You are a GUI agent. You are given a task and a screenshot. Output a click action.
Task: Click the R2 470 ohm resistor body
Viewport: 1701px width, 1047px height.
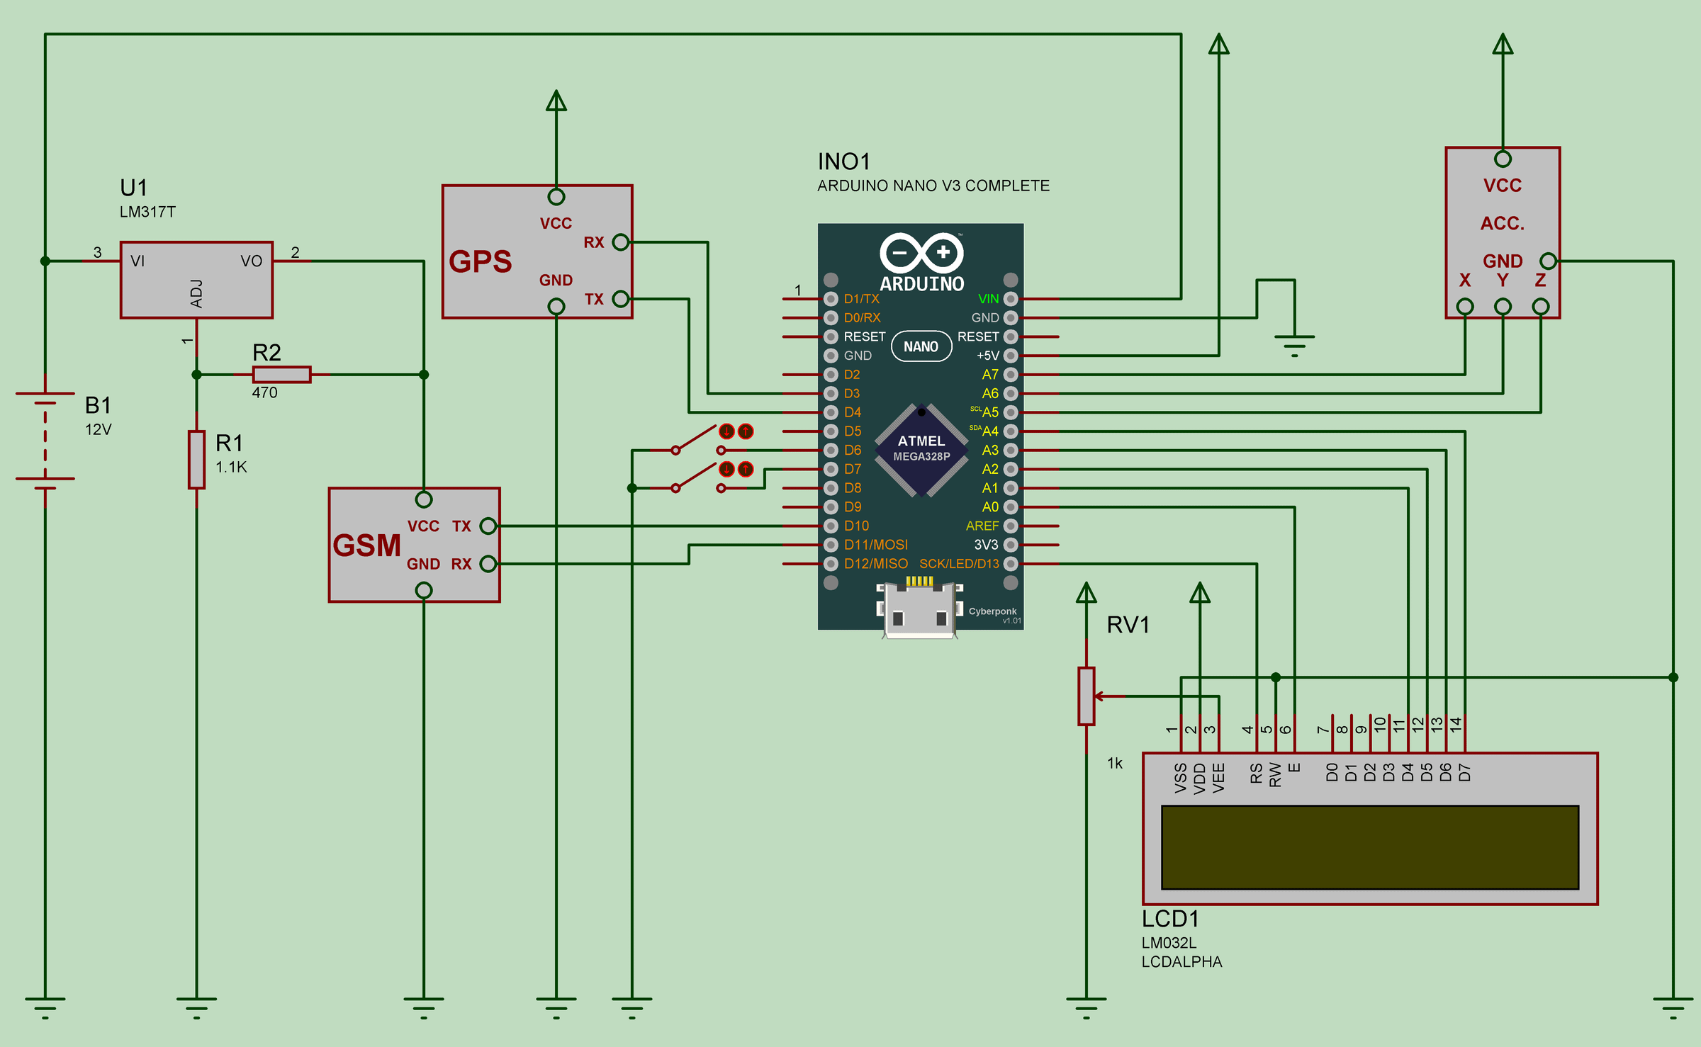click(281, 374)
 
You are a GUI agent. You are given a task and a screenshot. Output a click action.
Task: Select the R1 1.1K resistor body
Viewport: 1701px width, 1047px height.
click(196, 459)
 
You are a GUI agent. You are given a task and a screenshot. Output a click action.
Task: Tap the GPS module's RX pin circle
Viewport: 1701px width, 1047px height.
click(620, 242)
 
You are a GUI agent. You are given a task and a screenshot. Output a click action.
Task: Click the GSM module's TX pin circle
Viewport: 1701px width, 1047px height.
click(488, 526)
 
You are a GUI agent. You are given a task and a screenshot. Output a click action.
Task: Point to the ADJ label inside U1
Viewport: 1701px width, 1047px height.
click(197, 293)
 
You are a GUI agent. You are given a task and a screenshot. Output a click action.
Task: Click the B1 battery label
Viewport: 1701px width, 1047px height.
click(98, 405)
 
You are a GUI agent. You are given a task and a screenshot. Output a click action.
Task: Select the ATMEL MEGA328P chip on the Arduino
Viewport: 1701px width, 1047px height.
click(921, 449)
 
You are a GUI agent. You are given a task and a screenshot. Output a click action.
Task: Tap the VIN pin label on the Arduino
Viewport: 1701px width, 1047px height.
click(988, 299)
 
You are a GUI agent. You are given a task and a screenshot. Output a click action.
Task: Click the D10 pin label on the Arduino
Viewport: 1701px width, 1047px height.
click(856, 526)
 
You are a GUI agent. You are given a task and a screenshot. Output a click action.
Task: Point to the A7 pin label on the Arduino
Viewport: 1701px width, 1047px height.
click(990, 375)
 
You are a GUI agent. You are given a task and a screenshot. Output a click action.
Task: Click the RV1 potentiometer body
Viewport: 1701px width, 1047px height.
click(1086, 696)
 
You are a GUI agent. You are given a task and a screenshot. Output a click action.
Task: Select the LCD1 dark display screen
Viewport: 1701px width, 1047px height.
click(1369, 847)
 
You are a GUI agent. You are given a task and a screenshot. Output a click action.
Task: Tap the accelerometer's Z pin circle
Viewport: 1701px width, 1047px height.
click(1540, 306)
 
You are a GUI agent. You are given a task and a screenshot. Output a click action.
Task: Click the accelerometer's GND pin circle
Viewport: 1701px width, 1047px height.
click(1548, 261)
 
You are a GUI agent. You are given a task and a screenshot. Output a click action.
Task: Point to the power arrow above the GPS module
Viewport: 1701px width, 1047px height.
click(556, 101)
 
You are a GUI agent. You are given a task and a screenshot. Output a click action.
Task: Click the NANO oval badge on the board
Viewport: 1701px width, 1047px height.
click(921, 346)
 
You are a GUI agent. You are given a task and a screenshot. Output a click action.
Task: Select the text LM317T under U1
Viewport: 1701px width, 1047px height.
click(147, 212)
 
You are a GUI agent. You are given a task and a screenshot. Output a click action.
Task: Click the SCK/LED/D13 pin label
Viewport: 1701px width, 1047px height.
click(959, 564)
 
